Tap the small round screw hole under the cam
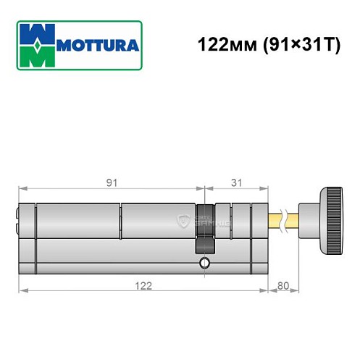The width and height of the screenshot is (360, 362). click(205, 261)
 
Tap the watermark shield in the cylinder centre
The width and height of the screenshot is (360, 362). click(182, 221)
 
